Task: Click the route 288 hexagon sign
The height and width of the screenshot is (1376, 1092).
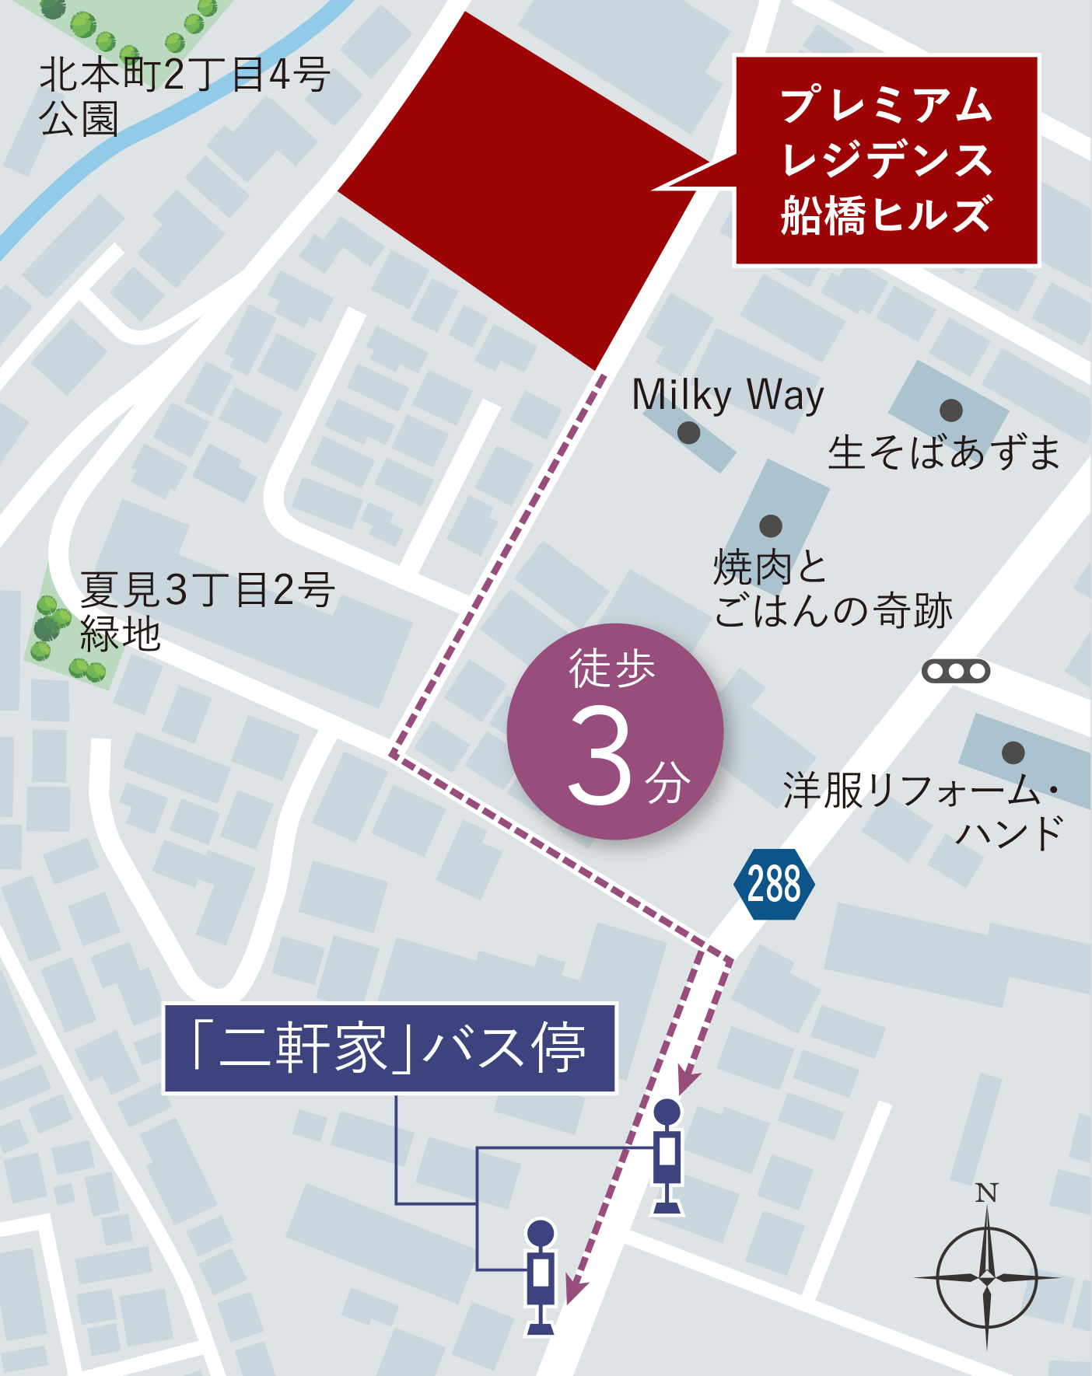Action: [774, 884]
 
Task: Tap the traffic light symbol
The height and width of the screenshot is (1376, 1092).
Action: [956, 670]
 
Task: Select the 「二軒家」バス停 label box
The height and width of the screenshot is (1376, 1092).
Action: [390, 1048]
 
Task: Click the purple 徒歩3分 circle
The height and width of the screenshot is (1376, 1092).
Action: [615, 731]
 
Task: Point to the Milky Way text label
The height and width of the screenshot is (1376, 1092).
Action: [727, 396]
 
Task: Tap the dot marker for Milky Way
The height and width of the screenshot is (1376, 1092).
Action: [688, 432]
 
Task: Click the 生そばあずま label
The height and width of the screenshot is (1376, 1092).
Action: [943, 452]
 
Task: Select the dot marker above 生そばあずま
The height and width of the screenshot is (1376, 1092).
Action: [951, 410]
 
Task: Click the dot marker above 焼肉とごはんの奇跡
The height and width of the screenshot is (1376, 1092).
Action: [770, 526]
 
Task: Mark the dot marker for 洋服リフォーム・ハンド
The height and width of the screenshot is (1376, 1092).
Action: [1013, 752]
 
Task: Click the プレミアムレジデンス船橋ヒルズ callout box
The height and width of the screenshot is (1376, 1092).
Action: [887, 160]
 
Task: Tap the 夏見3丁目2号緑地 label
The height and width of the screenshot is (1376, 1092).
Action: [206, 611]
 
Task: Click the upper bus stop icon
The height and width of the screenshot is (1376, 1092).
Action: [667, 1154]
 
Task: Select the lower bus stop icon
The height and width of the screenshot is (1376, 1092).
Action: [541, 1275]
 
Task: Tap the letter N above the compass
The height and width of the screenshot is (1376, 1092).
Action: [986, 1193]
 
